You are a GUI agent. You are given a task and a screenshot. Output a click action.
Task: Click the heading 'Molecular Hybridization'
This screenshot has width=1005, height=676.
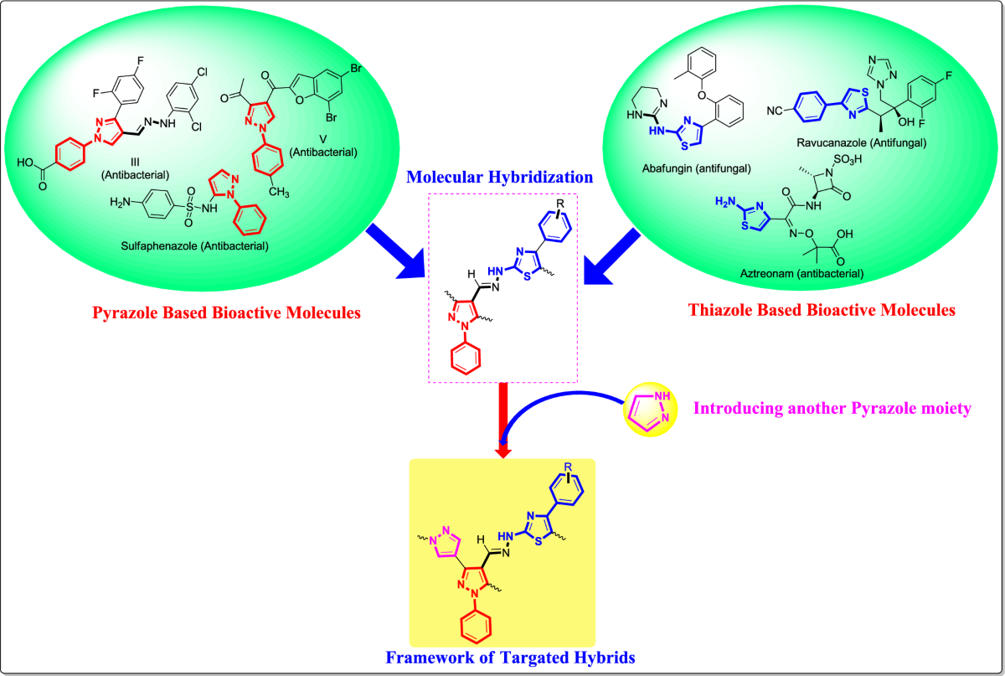pyautogui.click(x=500, y=178)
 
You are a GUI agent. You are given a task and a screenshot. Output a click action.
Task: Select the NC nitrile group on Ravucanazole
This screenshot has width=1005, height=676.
pyautogui.click(x=776, y=110)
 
